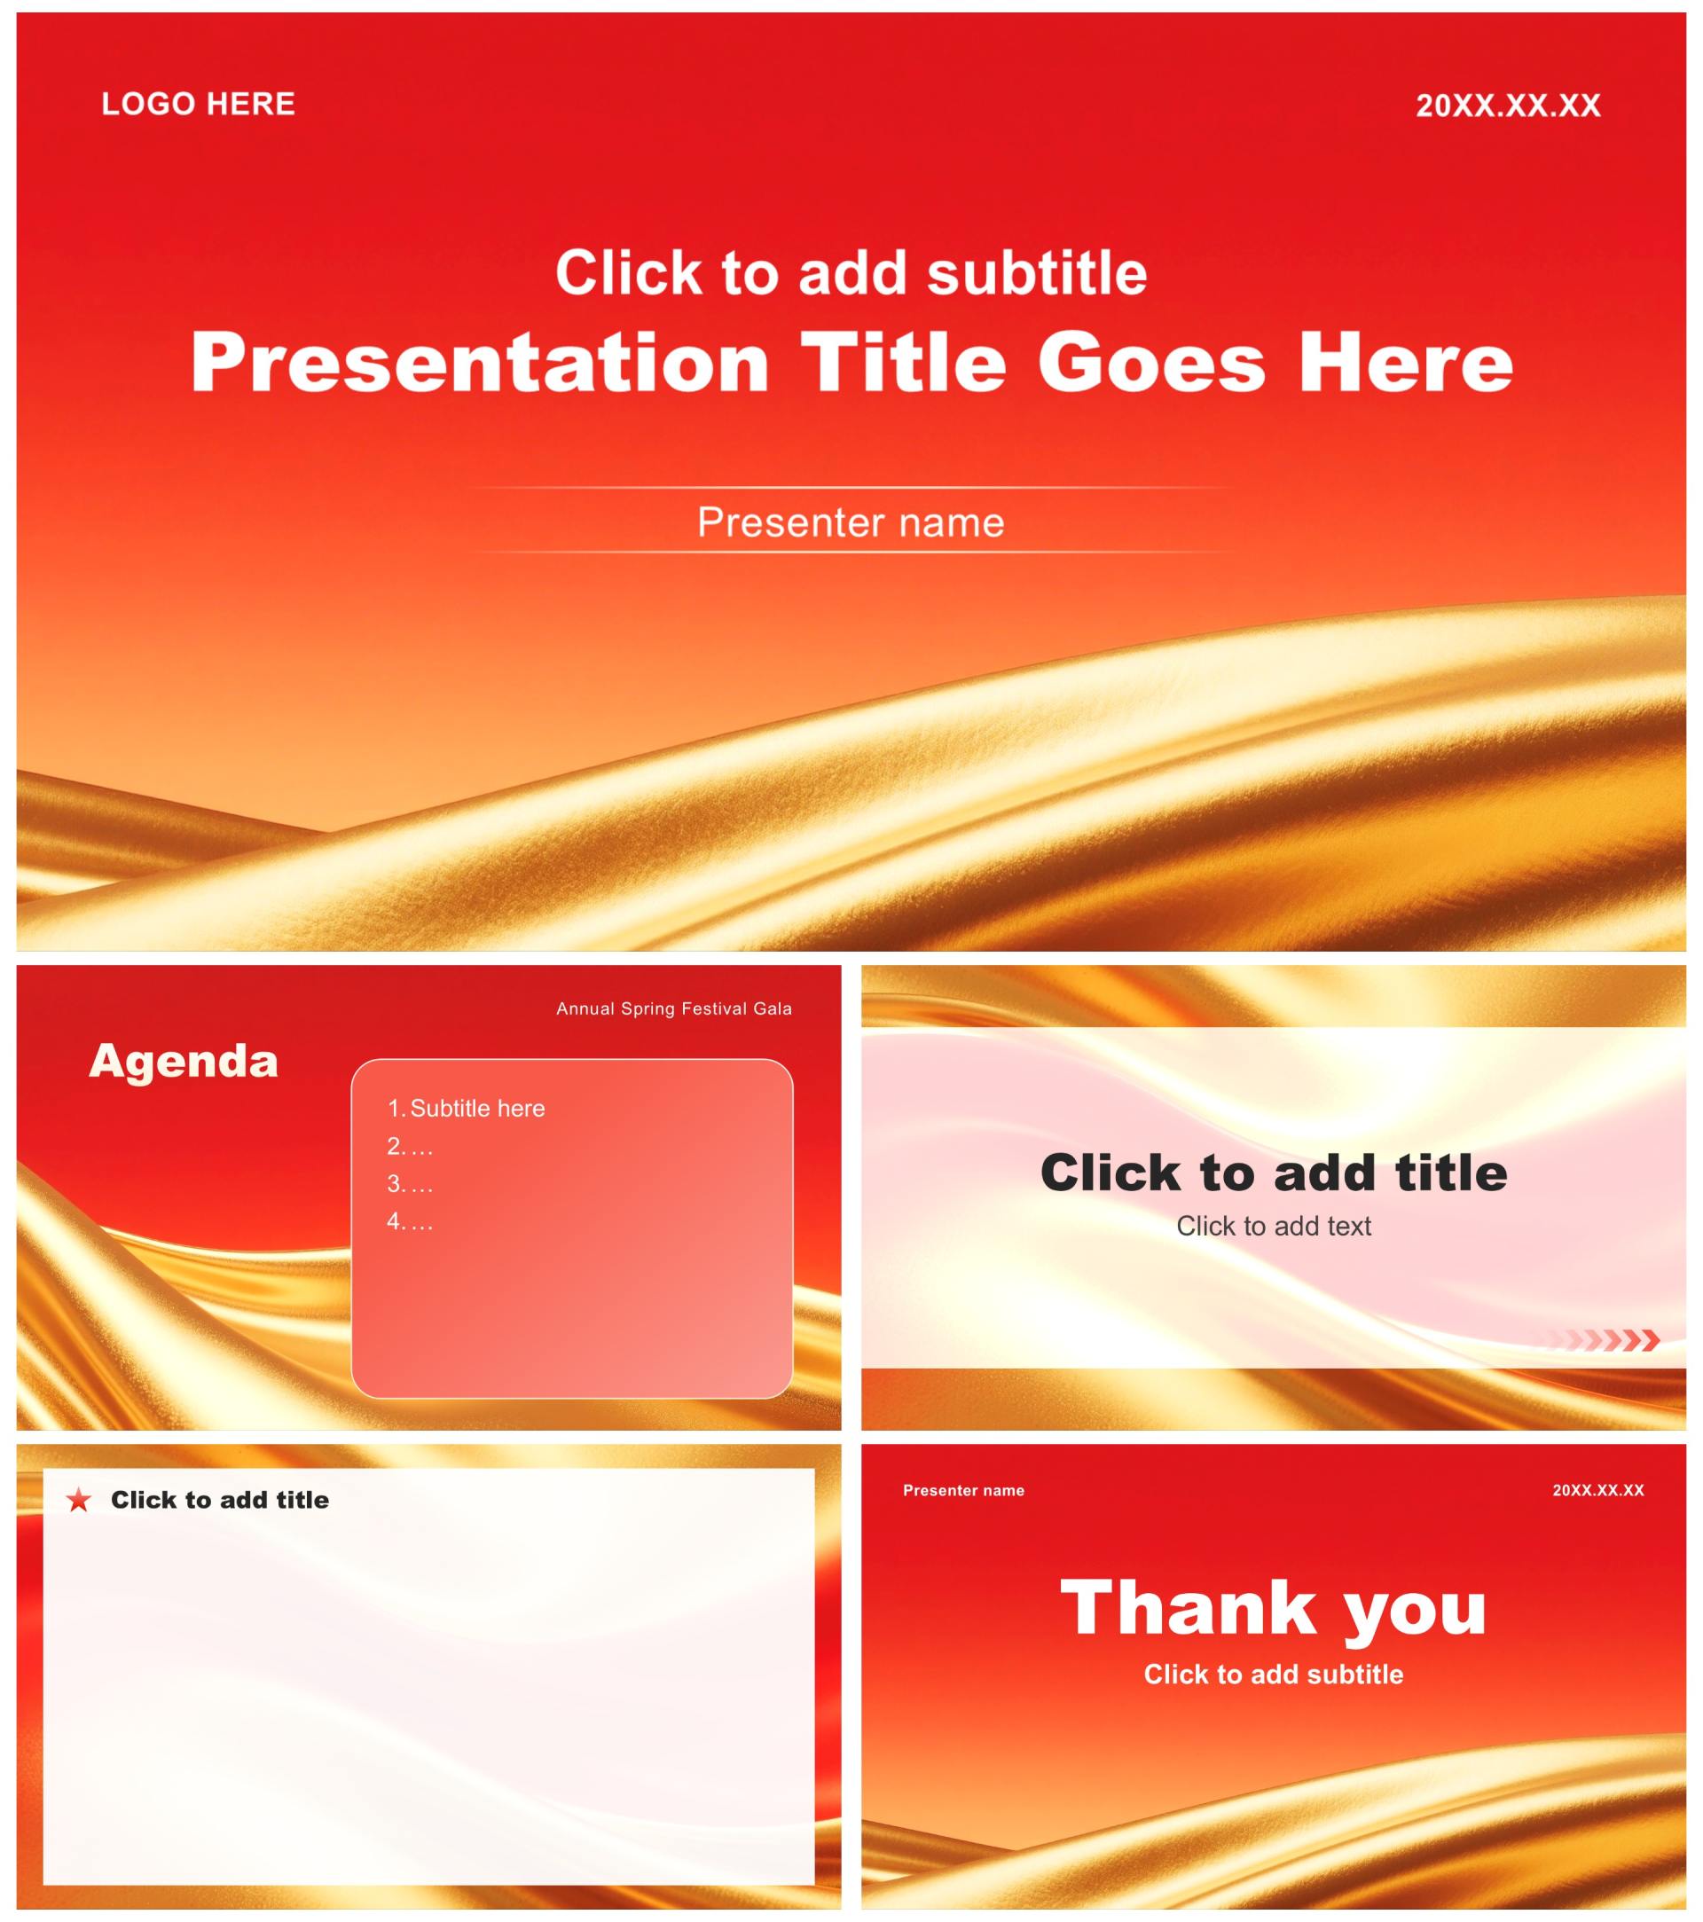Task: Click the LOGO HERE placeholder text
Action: point(199,104)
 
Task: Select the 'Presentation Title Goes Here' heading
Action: point(851,363)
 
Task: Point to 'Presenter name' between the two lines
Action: point(851,522)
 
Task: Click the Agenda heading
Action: point(184,1062)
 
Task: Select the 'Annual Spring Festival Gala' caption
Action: point(674,1009)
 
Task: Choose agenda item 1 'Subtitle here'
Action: point(467,1108)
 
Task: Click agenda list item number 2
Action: point(410,1145)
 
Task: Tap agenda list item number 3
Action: point(410,1183)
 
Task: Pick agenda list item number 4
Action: point(410,1220)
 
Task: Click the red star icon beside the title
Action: point(79,1500)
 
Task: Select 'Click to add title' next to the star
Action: point(220,1500)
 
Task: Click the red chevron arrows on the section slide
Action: point(1605,1340)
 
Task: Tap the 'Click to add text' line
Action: point(1273,1226)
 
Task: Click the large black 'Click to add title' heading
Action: point(1273,1173)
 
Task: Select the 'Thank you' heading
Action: point(1273,1610)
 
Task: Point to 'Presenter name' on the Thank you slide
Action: point(963,1490)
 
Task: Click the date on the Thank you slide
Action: point(1597,1490)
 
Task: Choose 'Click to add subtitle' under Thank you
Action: point(1273,1674)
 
